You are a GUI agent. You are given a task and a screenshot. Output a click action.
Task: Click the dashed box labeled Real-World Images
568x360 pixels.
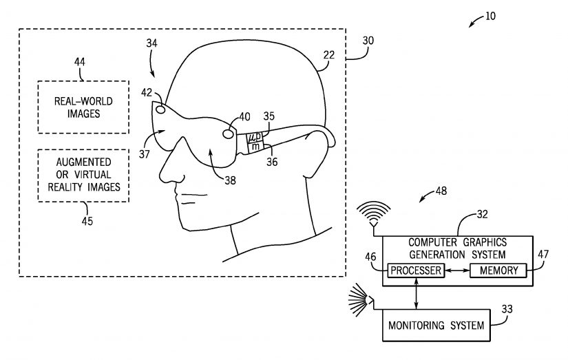click(x=83, y=107)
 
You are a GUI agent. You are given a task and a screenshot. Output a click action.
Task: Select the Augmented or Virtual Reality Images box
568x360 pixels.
click(x=83, y=175)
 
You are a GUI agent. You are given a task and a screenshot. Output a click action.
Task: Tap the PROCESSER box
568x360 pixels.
click(x=414, y=271)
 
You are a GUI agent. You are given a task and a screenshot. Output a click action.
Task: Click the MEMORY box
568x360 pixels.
click(x=498, y=271)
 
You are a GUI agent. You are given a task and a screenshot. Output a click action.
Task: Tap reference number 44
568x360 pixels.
click(x=80, y=62)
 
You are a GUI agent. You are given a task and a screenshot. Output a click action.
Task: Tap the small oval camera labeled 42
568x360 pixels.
click(x=160, y=109)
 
